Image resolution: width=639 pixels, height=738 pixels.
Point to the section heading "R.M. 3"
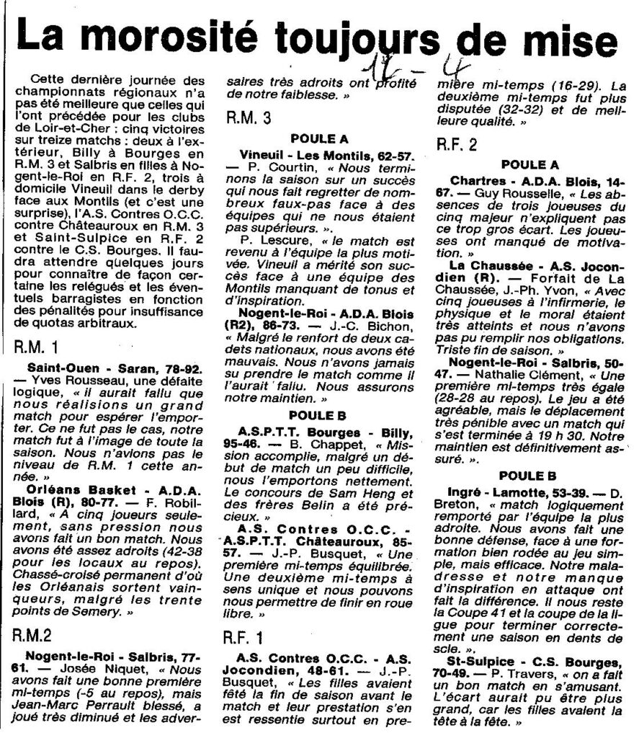coord(249,117)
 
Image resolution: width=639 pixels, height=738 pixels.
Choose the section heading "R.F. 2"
coord(457,145)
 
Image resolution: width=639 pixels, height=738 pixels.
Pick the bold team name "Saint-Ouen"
coord(58,368)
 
